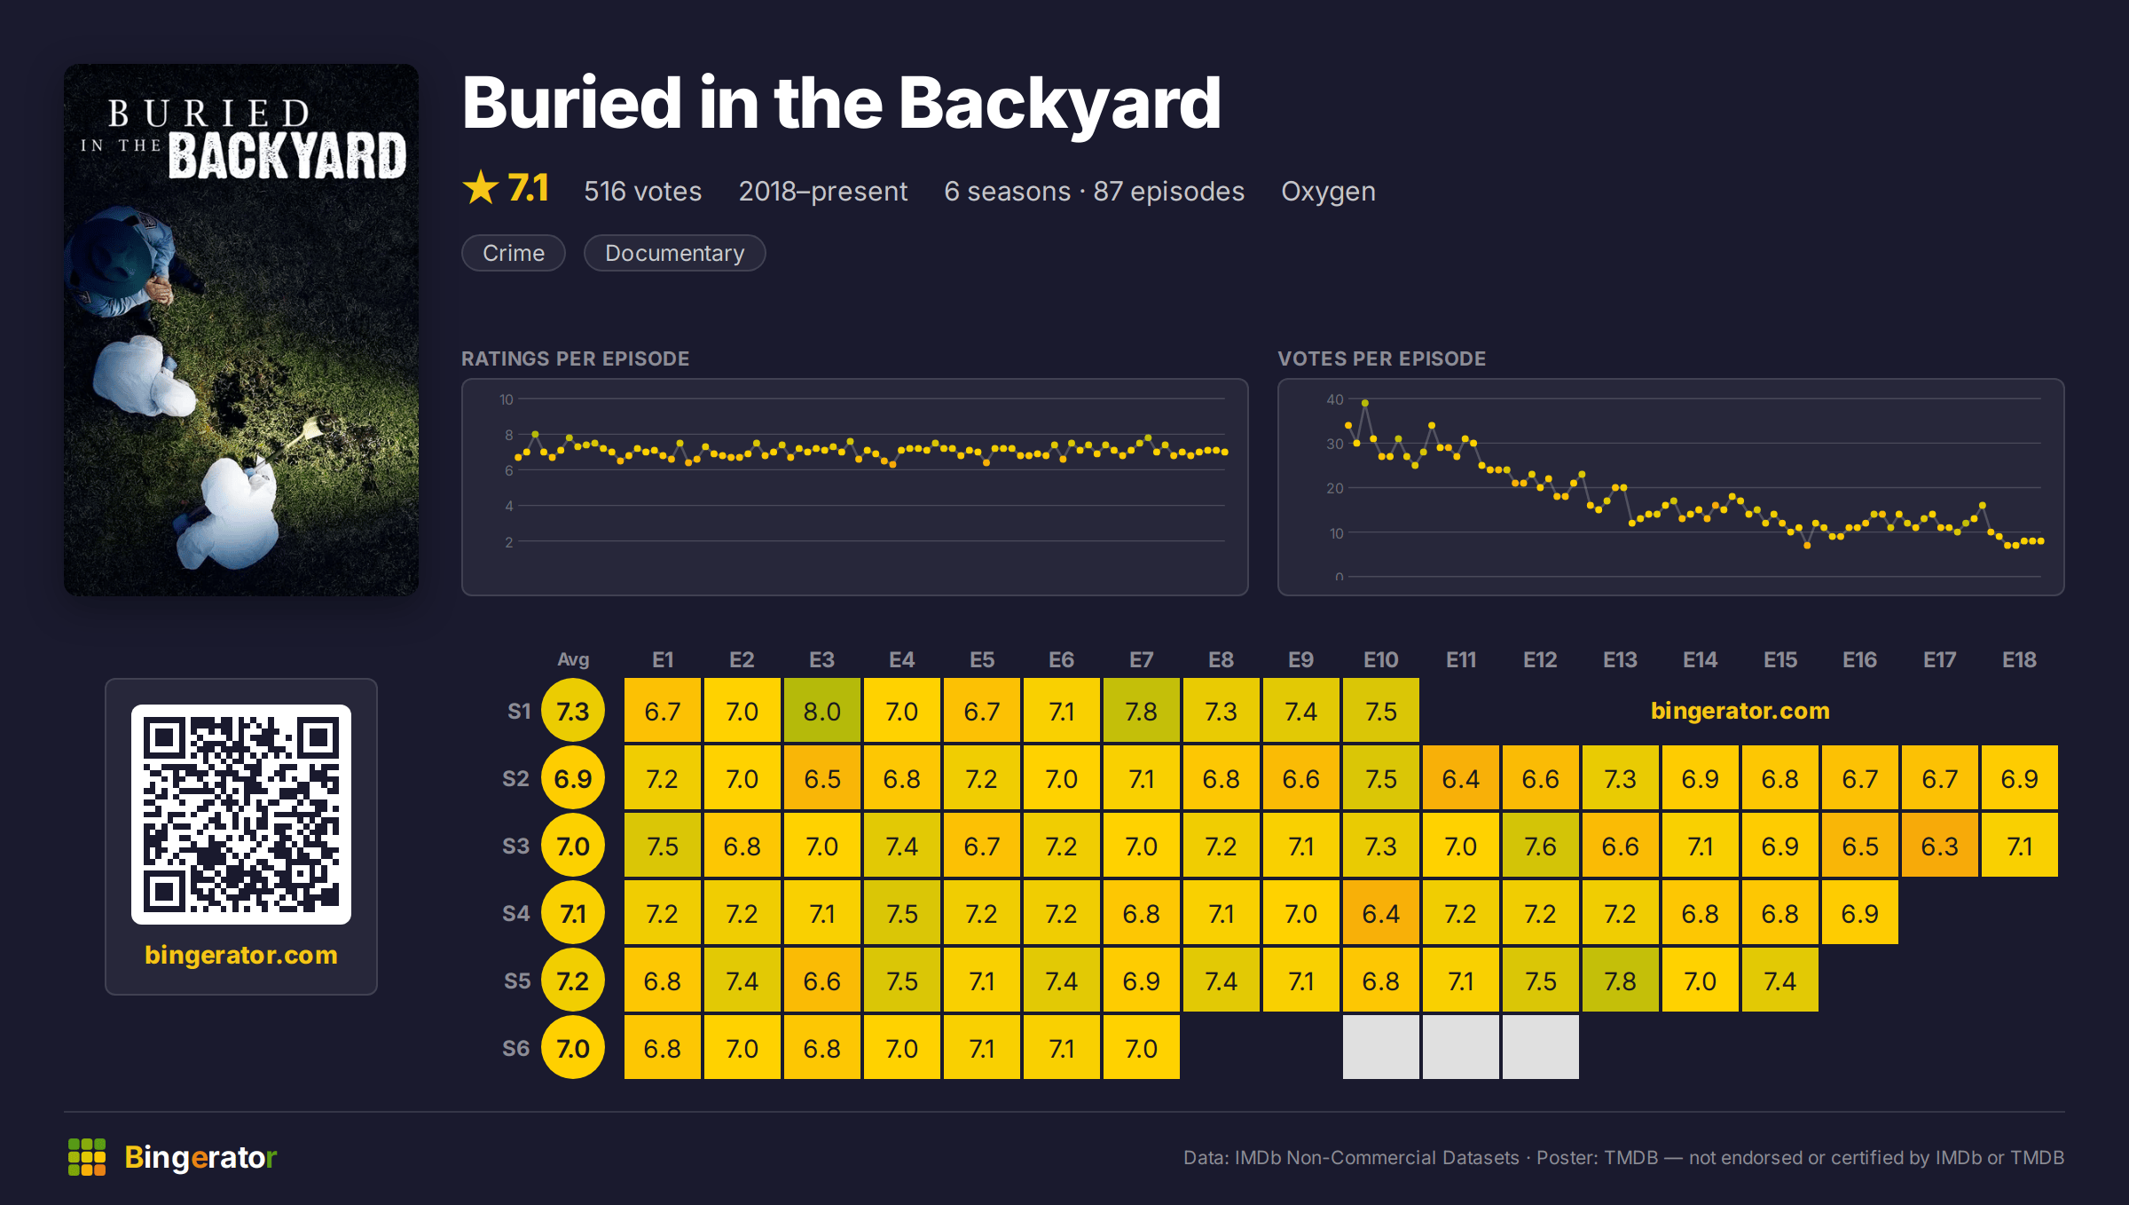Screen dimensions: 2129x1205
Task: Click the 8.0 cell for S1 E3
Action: coord(821,711)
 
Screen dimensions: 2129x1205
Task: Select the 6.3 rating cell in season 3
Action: coord(1939,846)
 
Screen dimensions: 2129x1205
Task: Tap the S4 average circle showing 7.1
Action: coord(573,913)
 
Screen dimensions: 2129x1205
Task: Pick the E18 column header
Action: coord(2019,659)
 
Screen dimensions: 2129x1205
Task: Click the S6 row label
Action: coord(515,1048)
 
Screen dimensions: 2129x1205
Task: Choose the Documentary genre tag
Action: coord(674,253)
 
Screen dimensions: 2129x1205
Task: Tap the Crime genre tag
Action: coord(513,253)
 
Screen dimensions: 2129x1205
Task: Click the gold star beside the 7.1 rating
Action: coord(481,188)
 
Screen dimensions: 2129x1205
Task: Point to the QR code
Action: coord(241,815)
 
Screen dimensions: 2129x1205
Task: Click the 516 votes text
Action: coord(642,191)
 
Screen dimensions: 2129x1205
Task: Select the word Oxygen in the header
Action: coord(1328,192)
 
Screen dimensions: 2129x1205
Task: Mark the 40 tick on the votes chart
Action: coord(1334,399)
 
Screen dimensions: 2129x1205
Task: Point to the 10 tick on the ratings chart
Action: coord(506,399)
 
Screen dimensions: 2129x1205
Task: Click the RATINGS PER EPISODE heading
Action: coord(575,358)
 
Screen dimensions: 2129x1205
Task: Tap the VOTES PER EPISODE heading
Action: coord(1381,358)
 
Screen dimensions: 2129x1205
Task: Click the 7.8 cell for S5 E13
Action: coord(1620,981)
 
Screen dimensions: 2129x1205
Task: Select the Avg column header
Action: coord(573,659)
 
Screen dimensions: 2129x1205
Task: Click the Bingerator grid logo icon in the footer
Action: coord(87,1157)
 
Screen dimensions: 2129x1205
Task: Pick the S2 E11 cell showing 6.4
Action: coord(1460,778)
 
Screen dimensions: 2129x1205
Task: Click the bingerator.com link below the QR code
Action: coord(241,955)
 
